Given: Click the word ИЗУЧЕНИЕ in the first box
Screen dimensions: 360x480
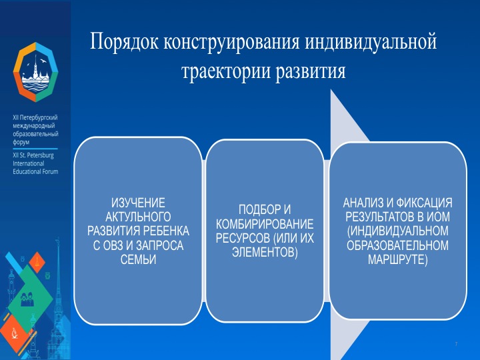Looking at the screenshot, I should click(138, 202).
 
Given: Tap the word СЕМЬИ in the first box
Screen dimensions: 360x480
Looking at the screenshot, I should click(138, 260).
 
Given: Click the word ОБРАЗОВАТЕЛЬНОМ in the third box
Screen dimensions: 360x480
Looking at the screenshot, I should click(398, 245).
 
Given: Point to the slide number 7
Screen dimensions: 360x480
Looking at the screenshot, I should click(455, 343).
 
